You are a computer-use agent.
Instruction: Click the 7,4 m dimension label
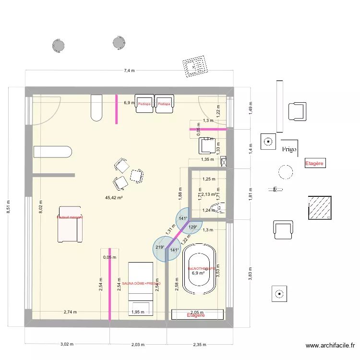[129, 71]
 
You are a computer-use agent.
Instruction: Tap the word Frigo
[289, 149]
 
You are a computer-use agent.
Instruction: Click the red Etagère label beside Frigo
[315, 164]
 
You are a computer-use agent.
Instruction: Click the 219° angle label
[160, 248]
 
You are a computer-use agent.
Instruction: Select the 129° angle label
[192, 227]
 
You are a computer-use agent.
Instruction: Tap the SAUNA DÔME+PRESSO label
[141, 284]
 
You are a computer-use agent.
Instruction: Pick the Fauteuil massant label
[70, 217]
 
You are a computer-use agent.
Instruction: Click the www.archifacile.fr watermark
[331, 345]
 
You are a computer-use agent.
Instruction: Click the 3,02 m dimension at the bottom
[67, 344]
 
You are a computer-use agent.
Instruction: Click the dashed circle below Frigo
[286, 171]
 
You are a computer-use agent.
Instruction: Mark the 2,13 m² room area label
[209, 194]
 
